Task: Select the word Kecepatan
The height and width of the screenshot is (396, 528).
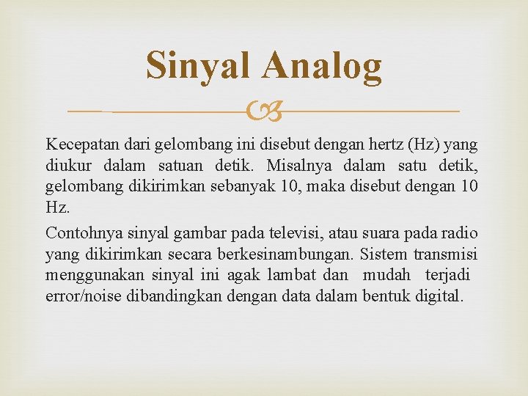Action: (78, 142)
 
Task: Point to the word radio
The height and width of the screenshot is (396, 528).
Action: (461, 233)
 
